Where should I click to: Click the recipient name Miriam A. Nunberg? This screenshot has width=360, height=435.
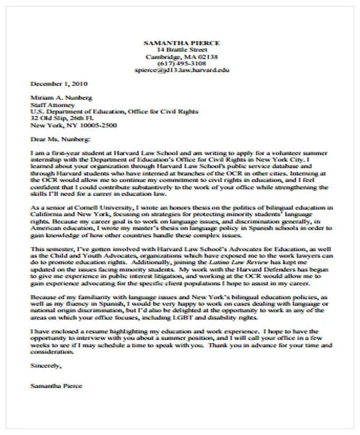click(x=61, y=98)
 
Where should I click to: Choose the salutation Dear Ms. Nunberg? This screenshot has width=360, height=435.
click(x=60, y=139)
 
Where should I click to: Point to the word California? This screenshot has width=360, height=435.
click(x=48, y=213)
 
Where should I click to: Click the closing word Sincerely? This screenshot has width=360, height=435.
click(x=45, y=366)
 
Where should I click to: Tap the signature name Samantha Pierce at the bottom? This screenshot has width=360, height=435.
click(x=57, y=386)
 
